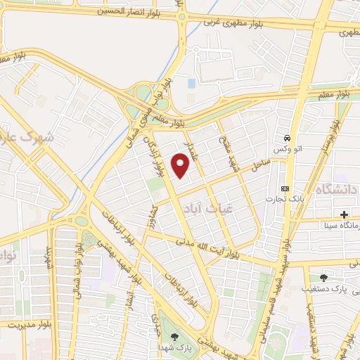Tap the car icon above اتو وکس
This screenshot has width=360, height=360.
pyautogui.click(x=288, y=138)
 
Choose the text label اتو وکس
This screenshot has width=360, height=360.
pyautogui.click(x=288, y=150)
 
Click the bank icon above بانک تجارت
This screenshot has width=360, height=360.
pyautogui.click(x=285, y=188)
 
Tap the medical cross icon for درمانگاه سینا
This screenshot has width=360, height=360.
pyautogui.click(x=344, y=214)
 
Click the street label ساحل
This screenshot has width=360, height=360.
pyautogui.click(x=261, y=163)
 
